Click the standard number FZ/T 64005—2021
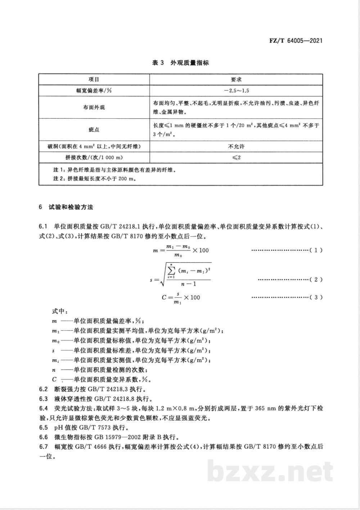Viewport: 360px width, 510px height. (296, 41)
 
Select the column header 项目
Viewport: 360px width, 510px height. (94, 79)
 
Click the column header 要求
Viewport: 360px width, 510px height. (236, 79)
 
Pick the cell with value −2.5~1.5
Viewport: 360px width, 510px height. (236, 91)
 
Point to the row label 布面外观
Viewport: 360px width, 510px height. (94, 108)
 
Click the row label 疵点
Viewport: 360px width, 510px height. (94, 130)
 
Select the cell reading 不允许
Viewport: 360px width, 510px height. (236, 146)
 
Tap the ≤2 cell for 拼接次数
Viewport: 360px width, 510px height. (236, 158)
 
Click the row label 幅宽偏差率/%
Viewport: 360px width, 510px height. (94, 91)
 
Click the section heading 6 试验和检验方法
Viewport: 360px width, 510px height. (66, 207)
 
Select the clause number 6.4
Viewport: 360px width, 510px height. (43, 409)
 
